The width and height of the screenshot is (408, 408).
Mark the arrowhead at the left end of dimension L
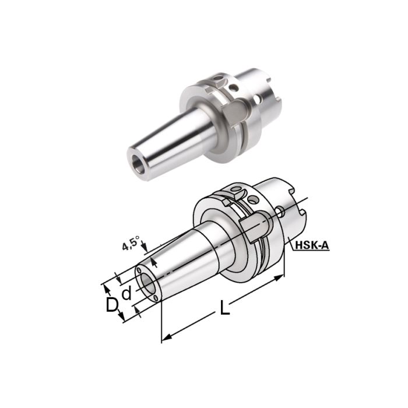click(x=166, y=337)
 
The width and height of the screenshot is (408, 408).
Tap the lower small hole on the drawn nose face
click(x=156, y=298)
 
